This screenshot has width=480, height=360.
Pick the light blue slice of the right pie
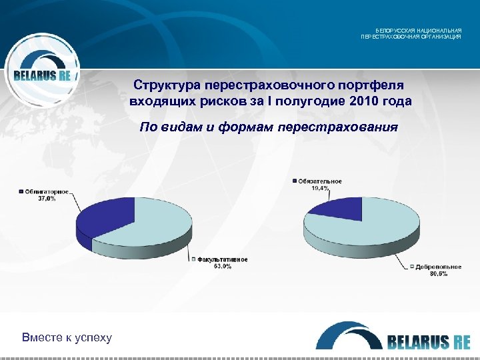(373, 227)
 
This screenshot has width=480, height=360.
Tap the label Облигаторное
(45, 192)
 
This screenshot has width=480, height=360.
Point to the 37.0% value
(46, 199)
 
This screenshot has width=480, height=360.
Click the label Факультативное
(222, 259)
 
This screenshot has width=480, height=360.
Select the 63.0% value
(222, 266)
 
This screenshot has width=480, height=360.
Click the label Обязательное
(319, 181)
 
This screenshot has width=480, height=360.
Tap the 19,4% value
(320, 188)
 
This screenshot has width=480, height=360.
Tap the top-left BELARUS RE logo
(42, 75)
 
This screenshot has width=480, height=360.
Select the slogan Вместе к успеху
(67, 337)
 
